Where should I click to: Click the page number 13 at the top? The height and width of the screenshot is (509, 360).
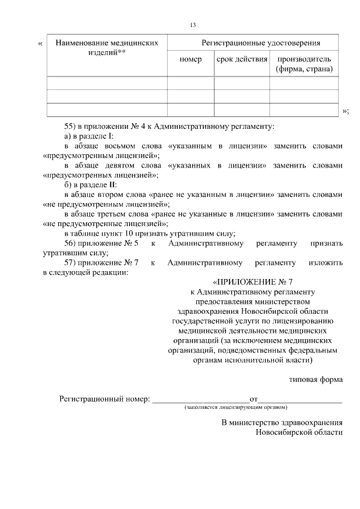point(192,25)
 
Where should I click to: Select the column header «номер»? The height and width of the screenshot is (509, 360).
point(191,59)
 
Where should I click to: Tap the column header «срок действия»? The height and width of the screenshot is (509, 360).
point(242,59)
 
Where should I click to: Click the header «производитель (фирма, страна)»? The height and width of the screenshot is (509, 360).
point(304,64)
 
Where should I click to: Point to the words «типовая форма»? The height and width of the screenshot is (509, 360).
point(316,380)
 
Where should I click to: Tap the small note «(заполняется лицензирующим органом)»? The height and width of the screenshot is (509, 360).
point(236,407)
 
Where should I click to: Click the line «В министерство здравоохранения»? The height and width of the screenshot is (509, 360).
point(282,422)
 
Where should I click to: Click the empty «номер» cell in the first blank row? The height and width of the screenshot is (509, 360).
point(191,83)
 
